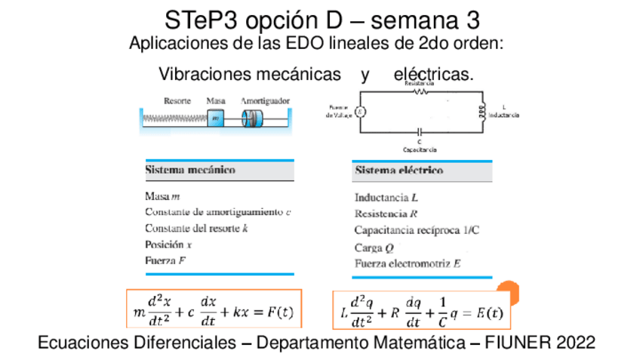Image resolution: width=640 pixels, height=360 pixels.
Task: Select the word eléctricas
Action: pyautogui.click(x=433, y=75)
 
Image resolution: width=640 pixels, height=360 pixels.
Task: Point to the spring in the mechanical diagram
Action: pyautogui.click(x=175, y=118)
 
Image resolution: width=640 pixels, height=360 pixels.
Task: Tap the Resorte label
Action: pyautogui.click(x=177, y=100)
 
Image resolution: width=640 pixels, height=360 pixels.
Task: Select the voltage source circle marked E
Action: pyautogui.click(x=360, y=112)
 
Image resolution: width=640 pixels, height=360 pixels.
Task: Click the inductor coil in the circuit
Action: pyautogui.click(x=478, y=112)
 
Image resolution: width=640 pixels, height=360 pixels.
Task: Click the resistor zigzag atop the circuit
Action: pyautogui.click(x=419, y=91)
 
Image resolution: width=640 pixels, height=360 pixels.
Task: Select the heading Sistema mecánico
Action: pyautogui.click(x=189, y=171)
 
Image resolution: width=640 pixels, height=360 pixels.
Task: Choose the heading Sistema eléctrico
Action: pyautogui.click(x=398, y=171)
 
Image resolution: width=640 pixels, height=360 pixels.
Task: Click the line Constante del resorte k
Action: pyautogui.click(x=196, y=228)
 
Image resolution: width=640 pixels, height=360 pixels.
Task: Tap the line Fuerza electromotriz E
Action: pyautogui.click(x=408, y=263)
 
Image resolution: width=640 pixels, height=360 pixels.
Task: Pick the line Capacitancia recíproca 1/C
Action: pyautogui.click(x=417, y=230)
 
